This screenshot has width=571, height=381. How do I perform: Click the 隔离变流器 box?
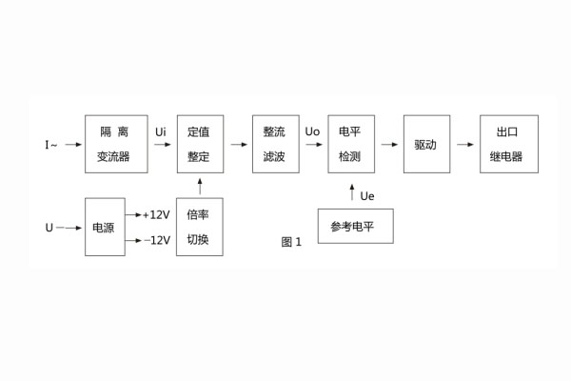(116, 144)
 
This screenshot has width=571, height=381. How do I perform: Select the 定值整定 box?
(199, 144)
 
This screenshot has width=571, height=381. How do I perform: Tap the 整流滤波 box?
(275, 144)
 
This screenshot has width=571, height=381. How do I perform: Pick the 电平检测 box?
(350, 144)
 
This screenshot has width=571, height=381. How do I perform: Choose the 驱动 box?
(425, 144)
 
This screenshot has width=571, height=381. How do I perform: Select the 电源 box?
(104, 228)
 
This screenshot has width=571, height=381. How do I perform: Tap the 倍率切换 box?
(199, 228)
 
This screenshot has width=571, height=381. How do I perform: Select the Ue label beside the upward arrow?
(367, 196)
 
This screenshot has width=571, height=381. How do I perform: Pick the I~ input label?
(51, 145)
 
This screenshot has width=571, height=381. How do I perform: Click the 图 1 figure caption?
(291, 241)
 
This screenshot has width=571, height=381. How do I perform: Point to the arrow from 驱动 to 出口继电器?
(464, 145)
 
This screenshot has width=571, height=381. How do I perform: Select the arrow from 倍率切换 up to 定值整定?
(199, 185)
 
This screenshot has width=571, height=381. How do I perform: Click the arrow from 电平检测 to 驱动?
(389, 145)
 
